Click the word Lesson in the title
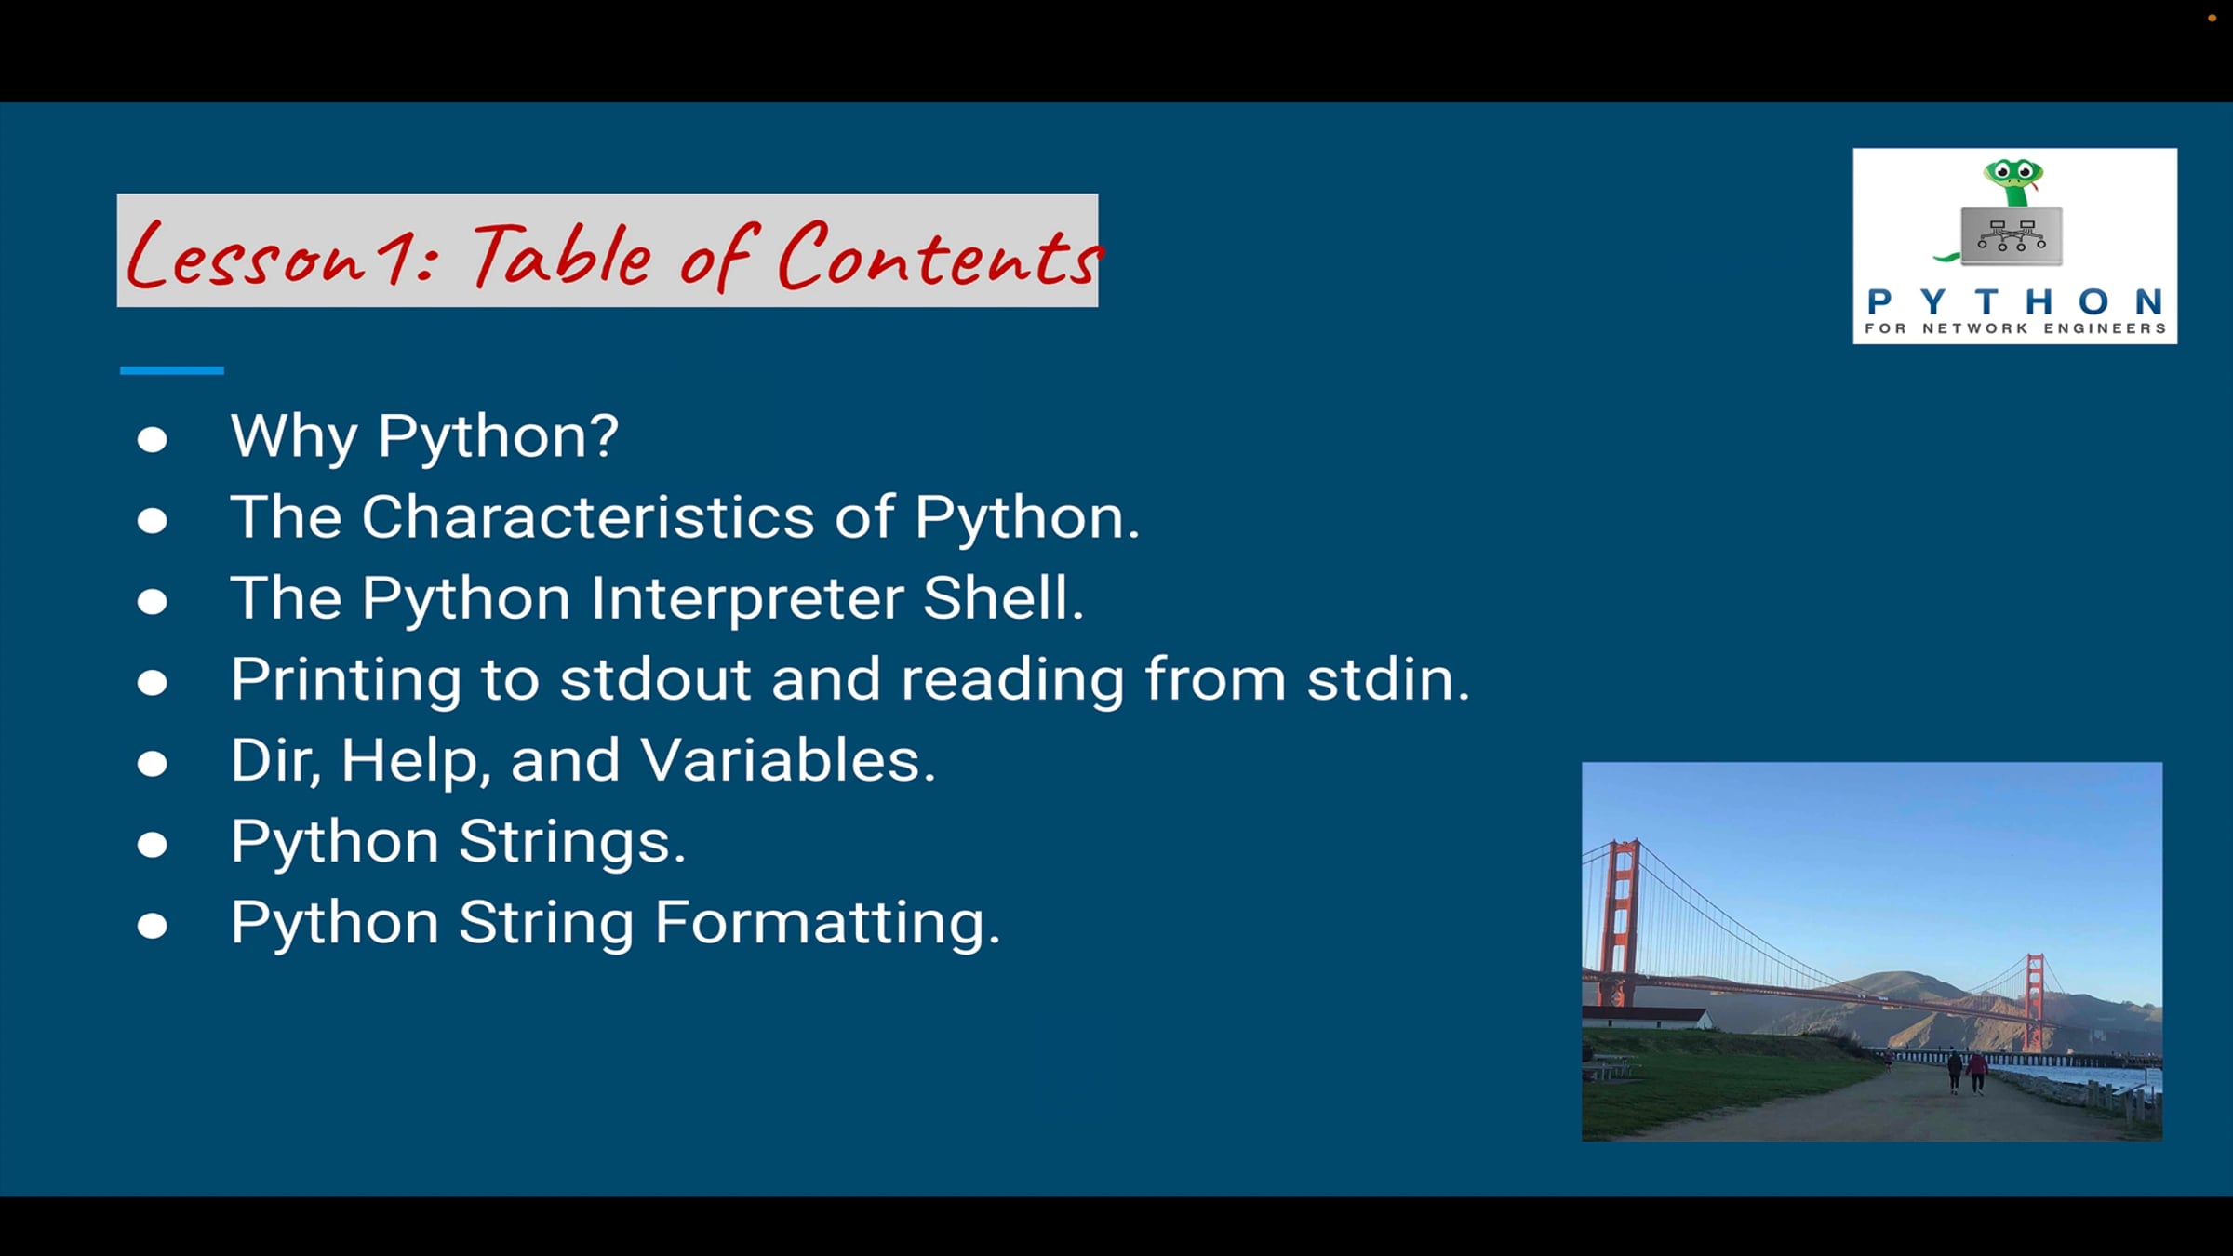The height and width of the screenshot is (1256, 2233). (x=247, y=256)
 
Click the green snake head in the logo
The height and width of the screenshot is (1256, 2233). (x=2013, y=179)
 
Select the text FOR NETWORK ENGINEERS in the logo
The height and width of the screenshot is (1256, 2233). (x=2015, y=328)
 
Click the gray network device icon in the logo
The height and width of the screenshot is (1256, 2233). (x=2012, y=236)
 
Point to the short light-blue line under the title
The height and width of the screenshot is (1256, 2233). (x=172, y=370)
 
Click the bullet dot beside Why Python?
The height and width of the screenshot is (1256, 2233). (x=153, y=439)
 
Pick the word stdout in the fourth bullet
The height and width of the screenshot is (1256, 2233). (x=655, y=678)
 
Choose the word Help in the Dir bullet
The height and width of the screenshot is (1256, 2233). (x=409, y=760)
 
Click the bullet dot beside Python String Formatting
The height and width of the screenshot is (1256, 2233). (x=153, y=926)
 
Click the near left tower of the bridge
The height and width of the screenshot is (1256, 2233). (x=1620, y=921)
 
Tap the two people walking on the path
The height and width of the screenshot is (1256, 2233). (x=1966, y=1073)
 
